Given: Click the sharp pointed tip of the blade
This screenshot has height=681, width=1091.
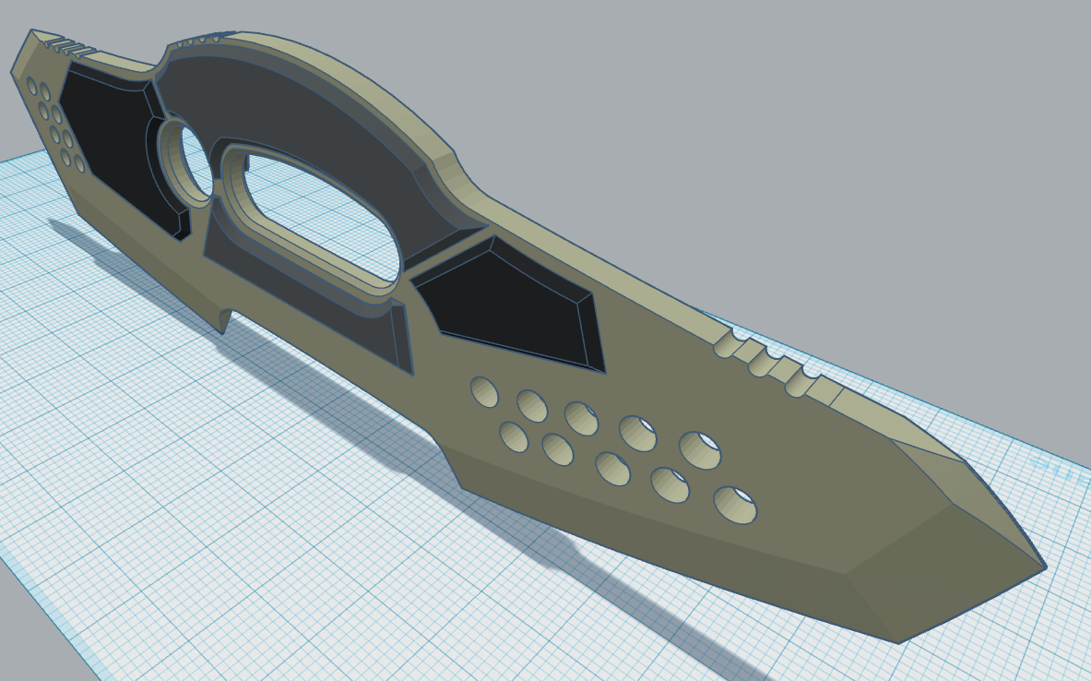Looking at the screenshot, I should tap(1044, 567).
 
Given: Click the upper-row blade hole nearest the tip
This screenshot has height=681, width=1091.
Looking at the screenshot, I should tap(700, 450).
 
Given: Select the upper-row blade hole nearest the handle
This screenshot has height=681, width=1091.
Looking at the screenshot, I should tap(484, 391).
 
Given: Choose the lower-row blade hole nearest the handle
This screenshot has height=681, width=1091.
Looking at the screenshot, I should tap(514, 436).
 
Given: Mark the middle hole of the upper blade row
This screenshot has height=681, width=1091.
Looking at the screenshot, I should tap(581, 417).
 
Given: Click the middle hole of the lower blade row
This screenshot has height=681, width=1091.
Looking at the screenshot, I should tap(612, 468).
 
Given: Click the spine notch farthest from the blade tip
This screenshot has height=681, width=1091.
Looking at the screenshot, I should tap(727, 345).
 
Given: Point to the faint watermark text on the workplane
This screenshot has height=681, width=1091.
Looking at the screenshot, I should tap(1061, 462).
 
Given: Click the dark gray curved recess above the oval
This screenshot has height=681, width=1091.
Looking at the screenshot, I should tap(304, 102).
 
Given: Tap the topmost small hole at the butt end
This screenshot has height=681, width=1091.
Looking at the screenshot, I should tap(32, 87).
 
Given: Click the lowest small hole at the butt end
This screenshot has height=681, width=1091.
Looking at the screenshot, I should tap(79, 164).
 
